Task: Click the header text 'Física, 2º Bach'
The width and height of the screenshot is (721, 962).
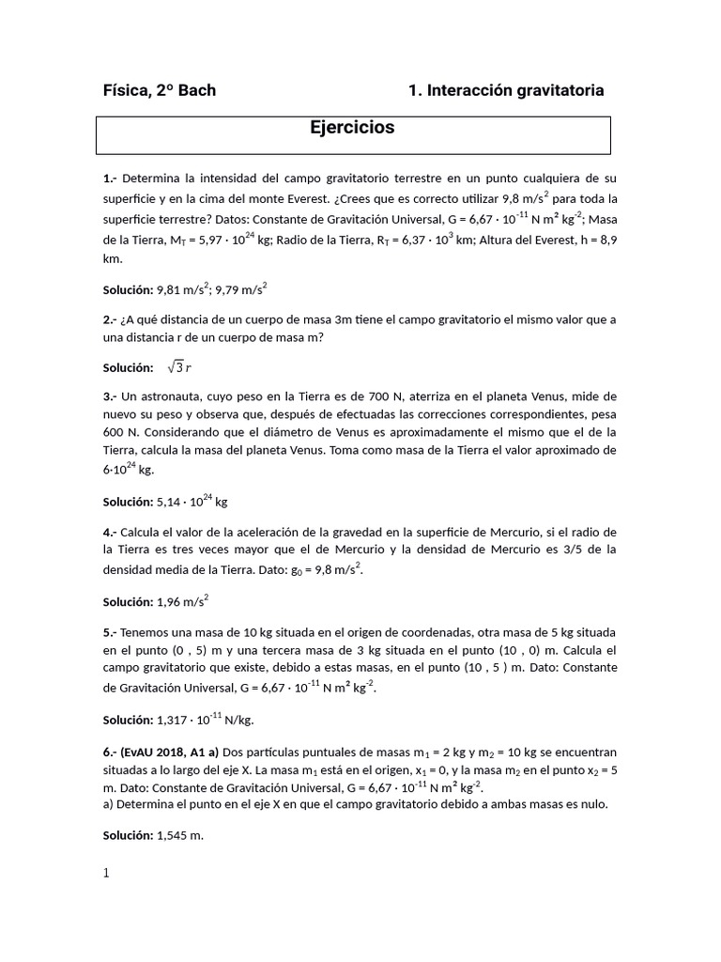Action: tap(160, 90)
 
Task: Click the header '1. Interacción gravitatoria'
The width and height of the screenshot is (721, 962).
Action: tap(506, 90)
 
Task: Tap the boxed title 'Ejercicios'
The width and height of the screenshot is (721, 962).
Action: tap(353, 128)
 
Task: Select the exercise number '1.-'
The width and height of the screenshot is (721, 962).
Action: tap(111, 178)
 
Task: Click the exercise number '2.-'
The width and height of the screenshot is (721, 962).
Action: tap(111, 319)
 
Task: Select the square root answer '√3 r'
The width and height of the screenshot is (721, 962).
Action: tap(179, 367)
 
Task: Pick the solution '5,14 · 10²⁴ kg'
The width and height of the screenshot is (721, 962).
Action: tap(193, 503)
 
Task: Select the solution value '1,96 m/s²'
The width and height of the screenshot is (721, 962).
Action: tap(182, 601)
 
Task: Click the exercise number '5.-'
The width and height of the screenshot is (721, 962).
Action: tap(111, 631)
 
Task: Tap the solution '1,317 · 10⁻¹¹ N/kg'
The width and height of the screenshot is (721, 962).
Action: tap(205, 721)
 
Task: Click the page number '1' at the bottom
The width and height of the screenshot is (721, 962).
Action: tap(106, 873)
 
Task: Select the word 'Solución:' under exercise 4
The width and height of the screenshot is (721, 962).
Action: tap(128, 602)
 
